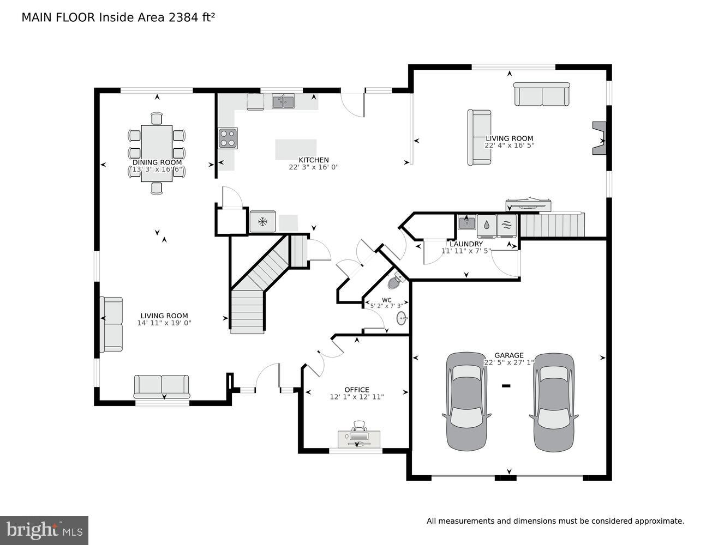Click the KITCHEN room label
click(314, 160)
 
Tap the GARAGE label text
click(509, 355)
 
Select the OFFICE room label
click(357, 390)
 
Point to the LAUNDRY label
click(466, 244)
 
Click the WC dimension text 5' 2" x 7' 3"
click(386, 306)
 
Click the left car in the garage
click(466, 401)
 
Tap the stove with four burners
click(228, 138)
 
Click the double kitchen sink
click(283, 101)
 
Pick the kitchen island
click(296, 149)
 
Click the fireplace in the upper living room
click(600, 138)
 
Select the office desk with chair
click(358, 435)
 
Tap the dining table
click(157, 153)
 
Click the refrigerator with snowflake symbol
click(263, 222)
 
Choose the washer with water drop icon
click(486, 226)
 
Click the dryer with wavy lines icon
click(506, 226)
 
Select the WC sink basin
click(403, 318)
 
